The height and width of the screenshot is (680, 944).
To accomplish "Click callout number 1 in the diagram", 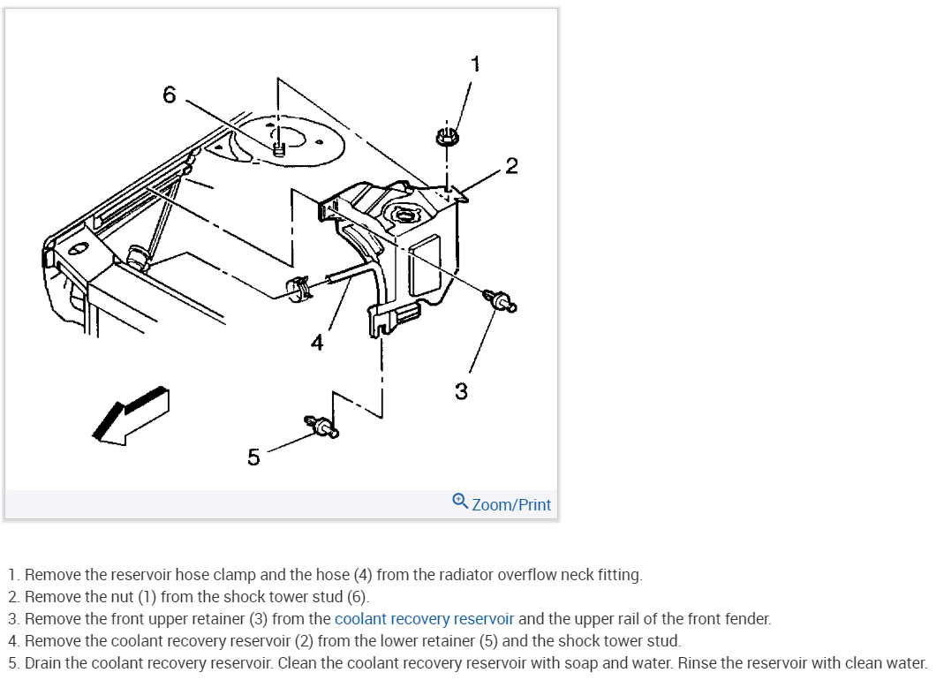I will click(x=475, y=64).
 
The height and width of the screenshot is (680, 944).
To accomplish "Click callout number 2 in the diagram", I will click(x=511, y=166).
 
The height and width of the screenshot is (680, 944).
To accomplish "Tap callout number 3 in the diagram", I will click(x=461, y=390).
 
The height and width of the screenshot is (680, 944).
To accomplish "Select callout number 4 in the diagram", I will click(x=317, y=342).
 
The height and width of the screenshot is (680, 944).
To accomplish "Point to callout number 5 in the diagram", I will click(x=253, y=457).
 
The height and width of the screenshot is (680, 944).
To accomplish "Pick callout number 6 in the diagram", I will click(x=170, y=94).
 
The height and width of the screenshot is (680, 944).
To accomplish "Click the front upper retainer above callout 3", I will click(x=500, y=301).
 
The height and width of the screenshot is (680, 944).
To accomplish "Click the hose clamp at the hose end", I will click(x=298, y=287).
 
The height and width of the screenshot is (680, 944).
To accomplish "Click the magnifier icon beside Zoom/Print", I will click(x=460, y=501).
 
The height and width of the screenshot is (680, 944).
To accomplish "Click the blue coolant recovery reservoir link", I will click(x=424, y=619).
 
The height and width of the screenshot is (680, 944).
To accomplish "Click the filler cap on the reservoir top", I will click(x=405, y=215).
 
